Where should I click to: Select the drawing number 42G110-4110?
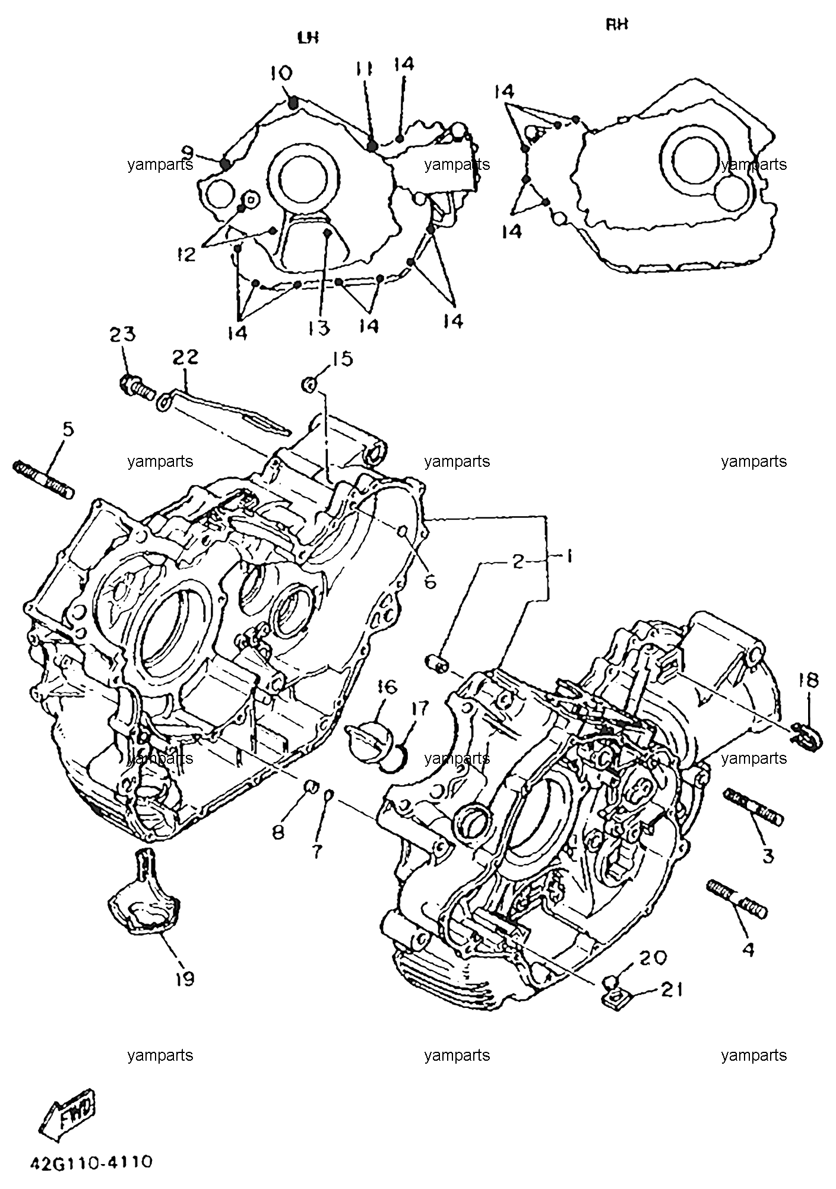tap(91, 1162)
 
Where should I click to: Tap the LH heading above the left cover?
tap(308, 37)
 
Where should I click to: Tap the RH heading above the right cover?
tap(617, 25)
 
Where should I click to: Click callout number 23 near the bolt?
tap(122, 334)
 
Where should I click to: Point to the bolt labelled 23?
tap(137, 387)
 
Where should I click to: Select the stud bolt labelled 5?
tap(43, 478)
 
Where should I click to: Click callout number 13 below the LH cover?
tap(319, 327)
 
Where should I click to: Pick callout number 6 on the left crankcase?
tap(430, 580)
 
